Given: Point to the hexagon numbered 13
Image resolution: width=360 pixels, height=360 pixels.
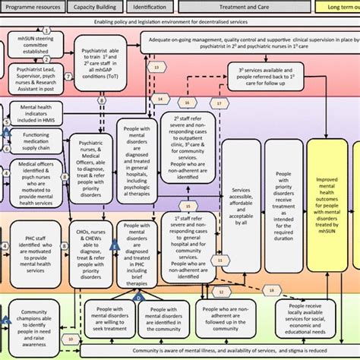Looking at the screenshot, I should click(156, 68).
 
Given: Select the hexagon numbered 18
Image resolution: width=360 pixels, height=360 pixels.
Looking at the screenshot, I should click(271, 290).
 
